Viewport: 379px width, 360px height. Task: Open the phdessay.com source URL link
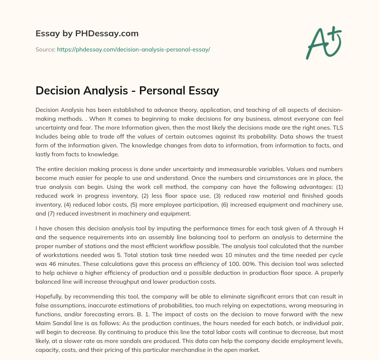coord(133,49)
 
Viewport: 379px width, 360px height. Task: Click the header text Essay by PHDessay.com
coord(87,34)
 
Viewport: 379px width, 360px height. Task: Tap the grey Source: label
coord(45,49)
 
